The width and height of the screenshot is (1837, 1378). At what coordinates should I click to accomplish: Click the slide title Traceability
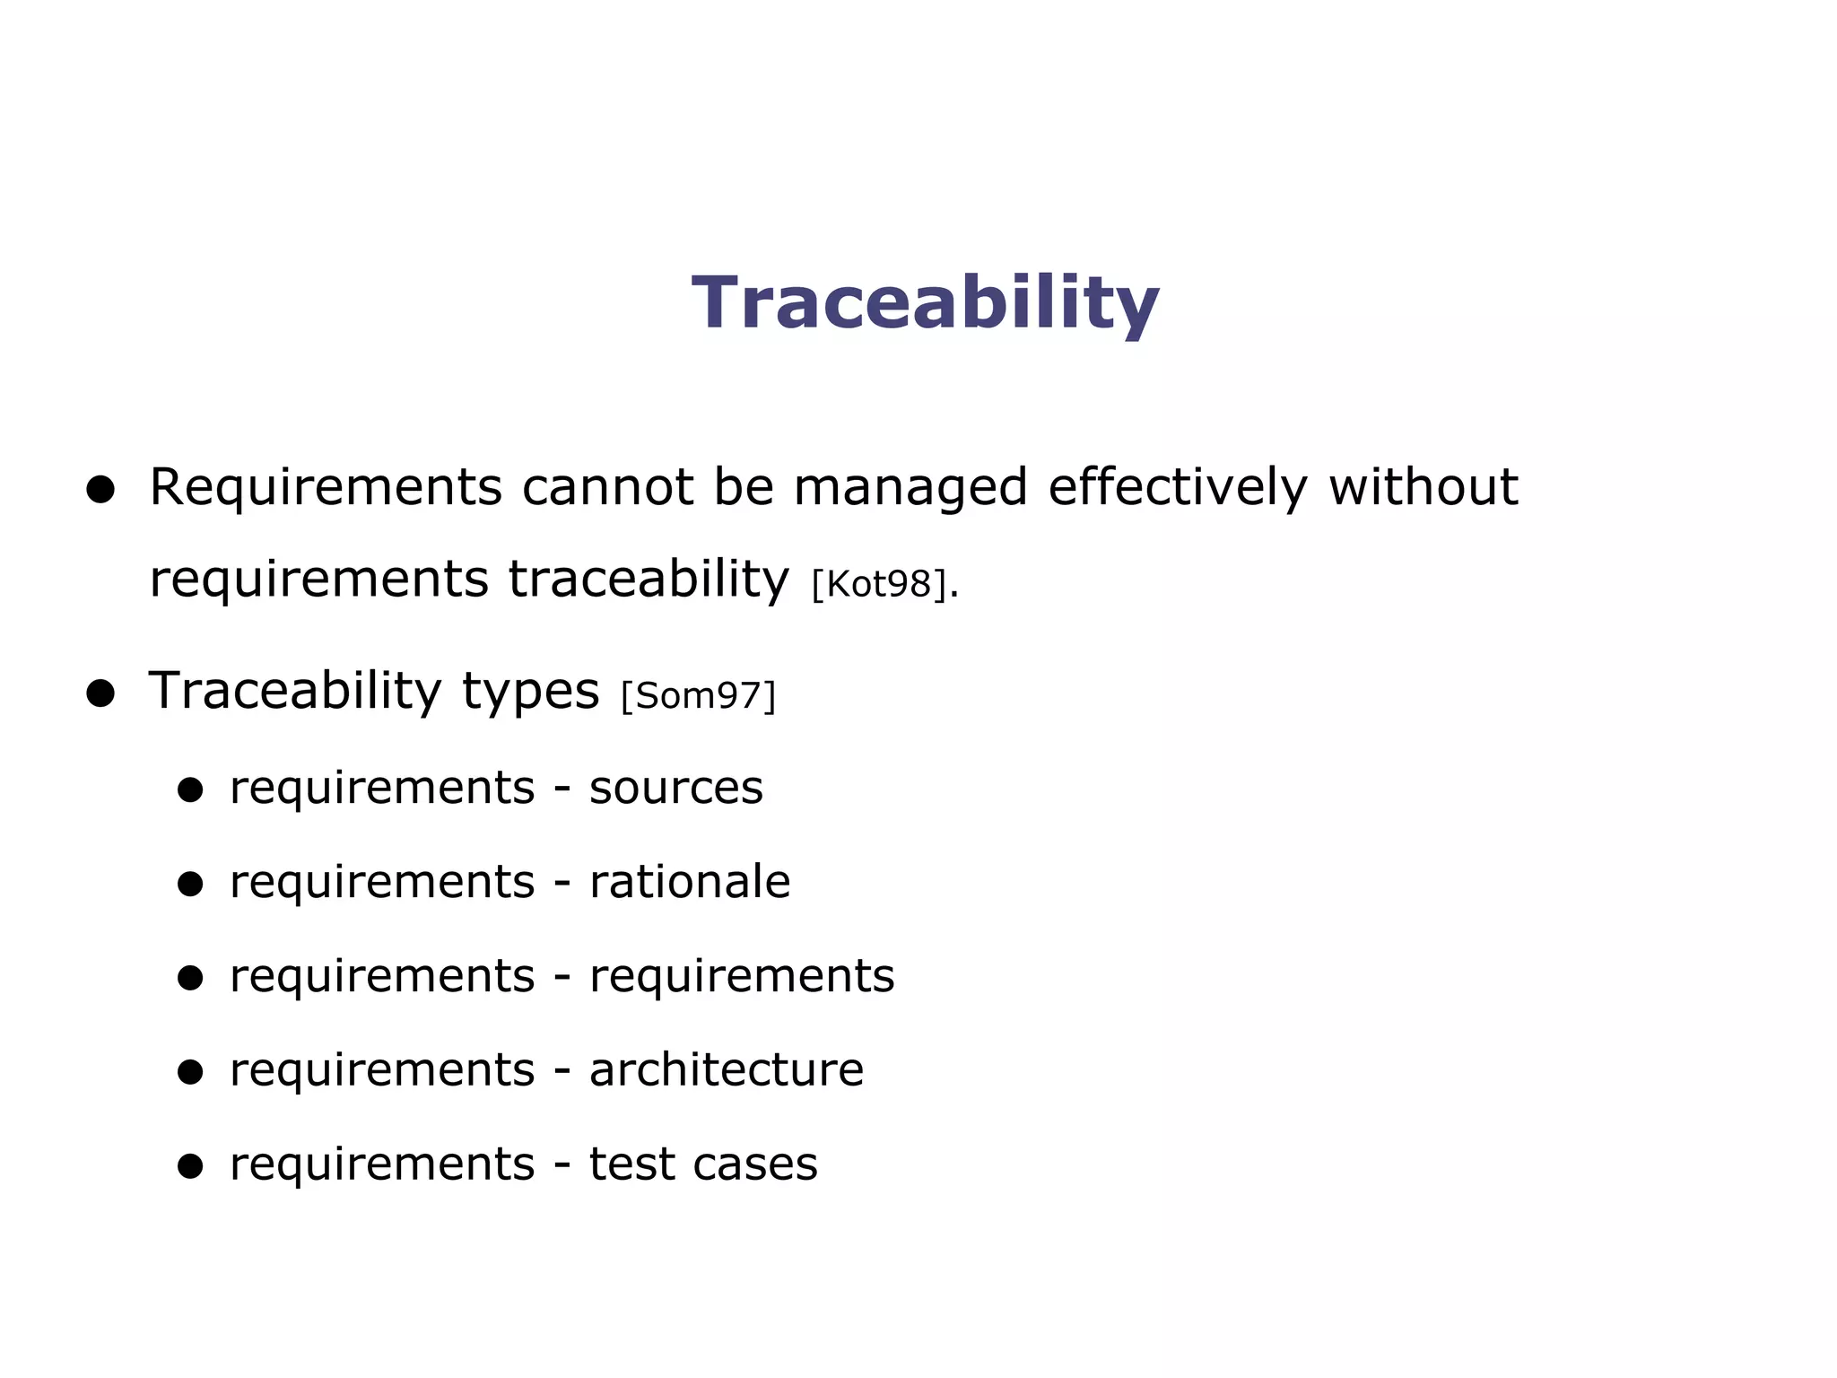[x=926, y=303]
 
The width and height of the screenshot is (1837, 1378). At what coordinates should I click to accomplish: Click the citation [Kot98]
[x=879, y=584]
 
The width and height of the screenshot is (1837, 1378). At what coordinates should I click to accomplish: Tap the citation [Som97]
[x=698, y=695]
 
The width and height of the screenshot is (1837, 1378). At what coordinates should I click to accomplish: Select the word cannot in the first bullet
[x=607, y=488]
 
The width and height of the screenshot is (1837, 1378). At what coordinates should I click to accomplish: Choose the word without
[x=1423, y=488]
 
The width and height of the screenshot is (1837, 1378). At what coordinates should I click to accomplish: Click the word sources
[x=675, y=789]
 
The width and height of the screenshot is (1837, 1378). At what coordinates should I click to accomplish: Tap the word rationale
[x=689, y=882]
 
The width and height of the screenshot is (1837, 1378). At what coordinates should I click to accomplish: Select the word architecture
[x=726, y=1069]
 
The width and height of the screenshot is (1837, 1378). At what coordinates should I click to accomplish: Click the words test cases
[x=702, y=1164]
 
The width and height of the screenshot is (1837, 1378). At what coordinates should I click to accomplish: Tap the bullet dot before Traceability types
[x=100, y=693]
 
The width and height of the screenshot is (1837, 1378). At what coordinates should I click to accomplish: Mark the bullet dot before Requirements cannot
[x=100, y=490]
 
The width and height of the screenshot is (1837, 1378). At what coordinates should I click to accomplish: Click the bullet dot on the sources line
[x=190, y=790]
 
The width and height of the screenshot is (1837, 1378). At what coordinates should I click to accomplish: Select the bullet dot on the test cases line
[x=190, y=1166]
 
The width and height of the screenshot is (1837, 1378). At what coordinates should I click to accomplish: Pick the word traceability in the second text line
[x=649, y=580]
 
